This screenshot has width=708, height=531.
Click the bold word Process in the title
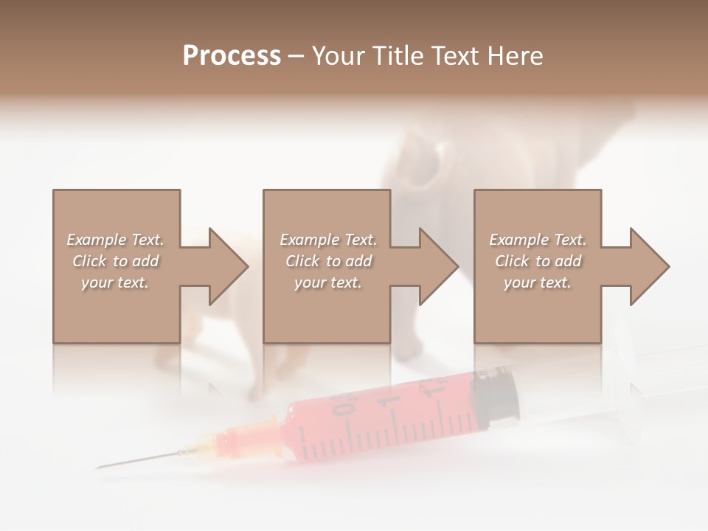[x=232, y=56]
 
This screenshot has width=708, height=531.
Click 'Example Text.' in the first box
[x=115, y=240]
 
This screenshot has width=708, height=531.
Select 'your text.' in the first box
[x=115, y=282]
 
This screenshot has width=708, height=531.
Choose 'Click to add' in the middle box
[x=328, y=261]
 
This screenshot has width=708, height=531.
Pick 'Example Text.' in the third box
[x=538, y=240]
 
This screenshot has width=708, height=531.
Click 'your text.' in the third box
[x=538, y=282]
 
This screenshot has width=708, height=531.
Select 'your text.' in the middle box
[x=328, y=282]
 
